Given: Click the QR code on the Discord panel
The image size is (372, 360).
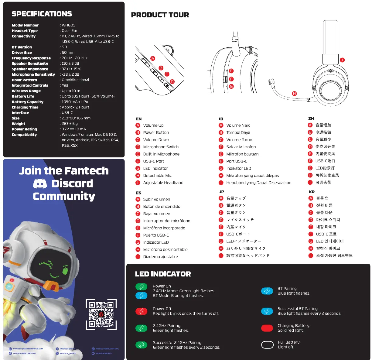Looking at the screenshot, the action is click(x=101, y=314).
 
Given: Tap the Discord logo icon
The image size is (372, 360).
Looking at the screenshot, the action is click(x=40, y=183).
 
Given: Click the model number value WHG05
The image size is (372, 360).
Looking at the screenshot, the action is click(x=69, y=25).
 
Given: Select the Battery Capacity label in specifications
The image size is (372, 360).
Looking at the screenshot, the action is click(x=27, y=102).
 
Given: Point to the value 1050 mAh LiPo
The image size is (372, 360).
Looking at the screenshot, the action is click(x=75, y=102).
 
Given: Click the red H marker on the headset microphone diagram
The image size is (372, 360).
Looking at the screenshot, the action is click(x=294, y=94).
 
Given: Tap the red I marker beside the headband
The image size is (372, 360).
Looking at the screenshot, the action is click(x=342, y=60).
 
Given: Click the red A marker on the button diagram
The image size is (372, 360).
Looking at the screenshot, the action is click(x=153, y=58).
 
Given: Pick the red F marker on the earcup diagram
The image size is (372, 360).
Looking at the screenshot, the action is click(x=231, y=79).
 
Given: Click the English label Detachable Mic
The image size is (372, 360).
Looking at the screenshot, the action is click(x=157, y=176).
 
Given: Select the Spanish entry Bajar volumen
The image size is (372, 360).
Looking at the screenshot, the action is click(x=156, y=214).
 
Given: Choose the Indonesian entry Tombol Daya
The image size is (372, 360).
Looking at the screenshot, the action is click(x=238, y=132).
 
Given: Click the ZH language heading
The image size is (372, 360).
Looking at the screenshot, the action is click(x=311, y=119).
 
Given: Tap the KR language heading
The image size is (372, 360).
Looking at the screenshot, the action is click(x=312, y=192).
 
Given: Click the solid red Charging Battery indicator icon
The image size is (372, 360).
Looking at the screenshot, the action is click(x=267, y=328).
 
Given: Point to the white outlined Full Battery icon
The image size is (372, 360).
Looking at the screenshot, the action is click(x=267, y=345).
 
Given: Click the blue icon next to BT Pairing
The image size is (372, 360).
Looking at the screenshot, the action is click(x=267, y=291).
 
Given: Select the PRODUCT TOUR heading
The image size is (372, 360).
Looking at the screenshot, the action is click(x=160, y=15).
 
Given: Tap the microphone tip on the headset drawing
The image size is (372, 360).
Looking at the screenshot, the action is click(x=271, y=82).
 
